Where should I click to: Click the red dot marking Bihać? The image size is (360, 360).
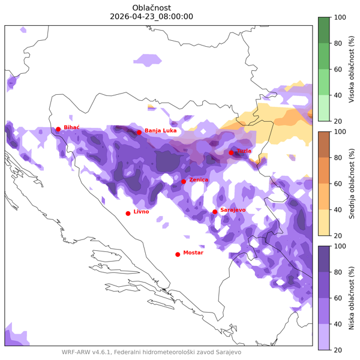point(58,129)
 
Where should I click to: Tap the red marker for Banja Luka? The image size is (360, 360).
point(139,132)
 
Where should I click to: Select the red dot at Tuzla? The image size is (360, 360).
point(231,152)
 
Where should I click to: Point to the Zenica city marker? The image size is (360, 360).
point(184,181)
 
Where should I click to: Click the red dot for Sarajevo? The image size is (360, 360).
point(215,211)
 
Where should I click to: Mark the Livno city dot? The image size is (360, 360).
point(128,213)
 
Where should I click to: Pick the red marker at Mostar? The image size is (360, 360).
point(178,254)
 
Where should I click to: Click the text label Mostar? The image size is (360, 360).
point(193,253)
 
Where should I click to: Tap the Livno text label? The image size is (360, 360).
point(141,212)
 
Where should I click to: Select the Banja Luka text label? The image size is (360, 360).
point(160,130)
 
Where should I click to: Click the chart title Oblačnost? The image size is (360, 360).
point(152,7)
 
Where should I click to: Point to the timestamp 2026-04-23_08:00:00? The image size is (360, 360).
point(152,16)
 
